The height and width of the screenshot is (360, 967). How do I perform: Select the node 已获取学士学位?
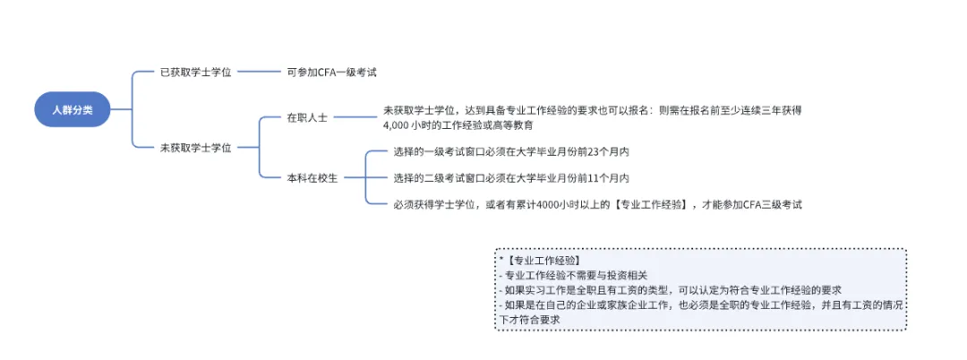point(196,72)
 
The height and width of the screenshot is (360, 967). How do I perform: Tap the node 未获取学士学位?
point(196,148)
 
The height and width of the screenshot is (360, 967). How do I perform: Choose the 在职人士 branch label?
point(307,117)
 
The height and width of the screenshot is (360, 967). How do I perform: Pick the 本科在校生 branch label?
point(312,177)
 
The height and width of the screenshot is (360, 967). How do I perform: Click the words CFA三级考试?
point(772,204)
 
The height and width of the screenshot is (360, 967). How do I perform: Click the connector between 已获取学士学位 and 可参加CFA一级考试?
point(261,72)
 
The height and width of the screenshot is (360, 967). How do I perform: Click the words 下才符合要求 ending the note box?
point(529,319)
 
